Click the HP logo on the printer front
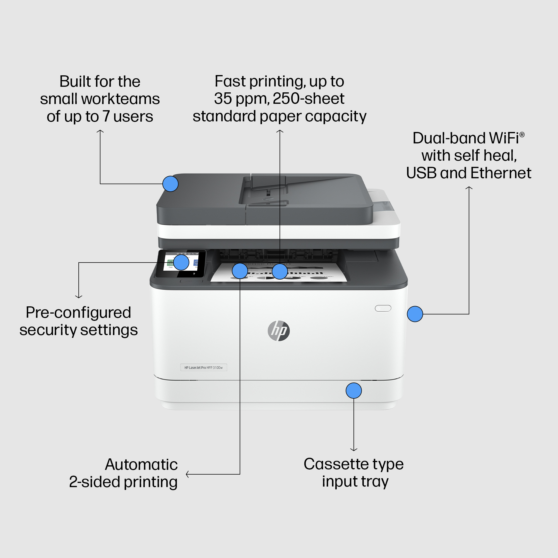coord(278,331)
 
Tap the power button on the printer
coord(383,308)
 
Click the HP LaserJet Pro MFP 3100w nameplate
coord(204,367)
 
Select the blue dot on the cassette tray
coord(353,391)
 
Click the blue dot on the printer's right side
coord(415,314)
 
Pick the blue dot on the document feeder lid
coord(170,184)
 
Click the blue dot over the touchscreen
coord(181,262)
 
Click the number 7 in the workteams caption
coord(106,116)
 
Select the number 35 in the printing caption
coord(223,98)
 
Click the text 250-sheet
coord(309,98)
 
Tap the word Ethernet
coord(501,173)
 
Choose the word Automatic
coord(141,465)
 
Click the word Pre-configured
coord(78,312)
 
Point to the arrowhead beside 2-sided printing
coord(188,474)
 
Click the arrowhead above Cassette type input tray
coord(353,449)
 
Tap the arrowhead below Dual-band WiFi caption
coord(469,188)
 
